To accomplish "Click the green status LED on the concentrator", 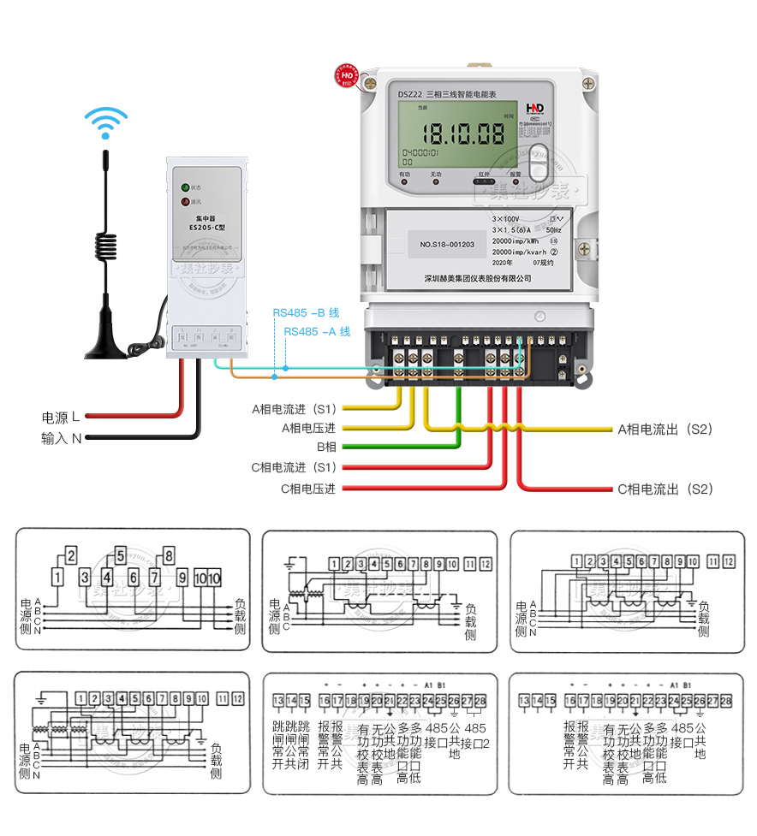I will [x=183, y=187].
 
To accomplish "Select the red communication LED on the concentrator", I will [x=183, y=202].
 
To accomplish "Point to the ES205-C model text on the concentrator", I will [x=206, y=228].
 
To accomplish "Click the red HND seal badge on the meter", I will [x=348, y=75].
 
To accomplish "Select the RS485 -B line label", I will [x=306, y=313].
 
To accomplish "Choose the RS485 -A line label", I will [x=317, y=331].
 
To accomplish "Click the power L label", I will [x=61, y=417].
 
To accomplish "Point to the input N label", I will [x=61, y=438].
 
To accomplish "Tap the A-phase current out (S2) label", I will [x=665, y=429].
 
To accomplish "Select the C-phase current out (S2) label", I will [x=665, y=489].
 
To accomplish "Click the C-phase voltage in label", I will [x=307, y=489].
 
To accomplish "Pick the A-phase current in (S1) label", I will [x=294, y=408].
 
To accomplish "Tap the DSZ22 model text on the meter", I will [x=411, y=93].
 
